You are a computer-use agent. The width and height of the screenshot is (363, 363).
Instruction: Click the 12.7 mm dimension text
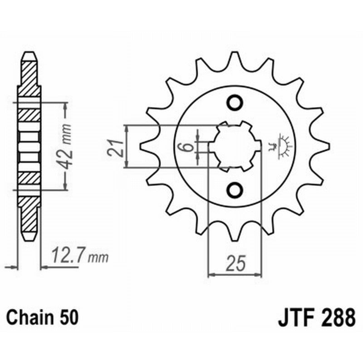pyautogui.click(x=80, y=257)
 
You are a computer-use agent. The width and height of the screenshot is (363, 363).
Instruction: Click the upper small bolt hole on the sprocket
pyautogui.click(x=235, y=103)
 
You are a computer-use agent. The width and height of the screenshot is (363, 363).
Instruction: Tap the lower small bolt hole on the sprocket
pyautogui.click(x=235, y=189)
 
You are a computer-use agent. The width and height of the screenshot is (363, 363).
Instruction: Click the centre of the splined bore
pyautogui.click(x=235, y=147)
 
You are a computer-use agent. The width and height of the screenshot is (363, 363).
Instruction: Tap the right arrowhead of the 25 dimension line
pyautogui.click(x=260, y=274)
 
